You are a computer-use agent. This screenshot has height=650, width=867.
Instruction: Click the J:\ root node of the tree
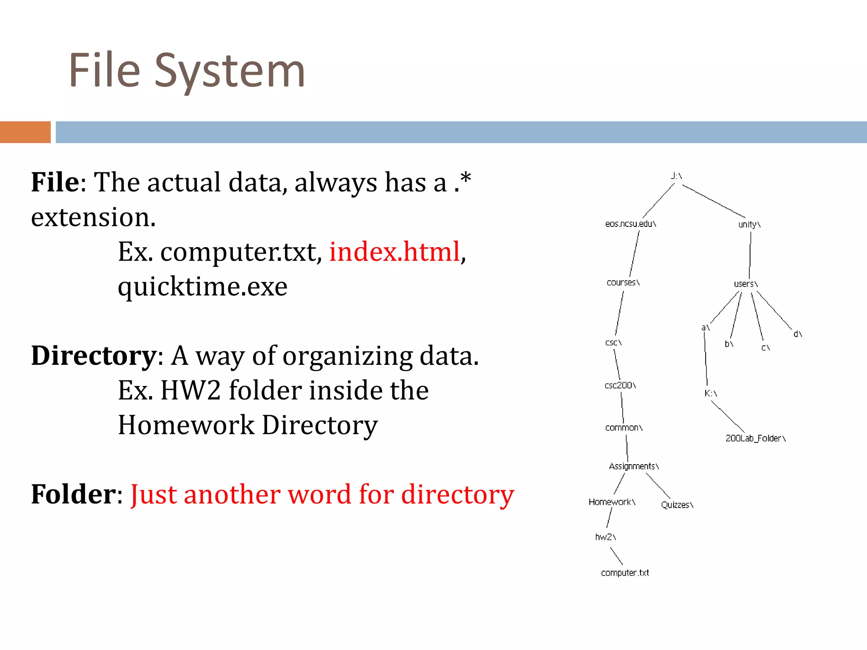pyautogui.click(x=676, y=176)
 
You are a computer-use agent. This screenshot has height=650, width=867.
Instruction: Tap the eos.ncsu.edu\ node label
pyautogui.click(x=630, y=224)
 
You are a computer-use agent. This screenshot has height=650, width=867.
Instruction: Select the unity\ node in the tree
pyautogui.click(x=749, y=224)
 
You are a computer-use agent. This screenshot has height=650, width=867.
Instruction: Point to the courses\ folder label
pyautogui.click(x=623, y=282)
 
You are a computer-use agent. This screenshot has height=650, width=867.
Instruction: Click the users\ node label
pyautogui.click(x=746, y=284)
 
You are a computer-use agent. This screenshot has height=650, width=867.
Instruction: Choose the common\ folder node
pyautogui.click(x=624, y=428)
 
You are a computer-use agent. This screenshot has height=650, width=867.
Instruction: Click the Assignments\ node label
pyautogui.click(x=634, y=466)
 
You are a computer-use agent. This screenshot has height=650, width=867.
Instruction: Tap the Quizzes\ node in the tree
pyautogui.click(x=677, y=505)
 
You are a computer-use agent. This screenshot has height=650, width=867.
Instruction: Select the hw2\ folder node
pyautogui.click(x=605, y=537)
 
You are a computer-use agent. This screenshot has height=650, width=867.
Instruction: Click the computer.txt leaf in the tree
pyautogui.click(x=625, y=573)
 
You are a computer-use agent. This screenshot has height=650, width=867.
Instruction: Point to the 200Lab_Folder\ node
pyautogui.click(x=755, y=438)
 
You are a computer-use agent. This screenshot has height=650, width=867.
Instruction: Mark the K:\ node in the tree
pyautogui.click(x=710, y=394)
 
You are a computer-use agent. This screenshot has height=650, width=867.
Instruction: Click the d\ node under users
pyautogui.click(x=798, y=334)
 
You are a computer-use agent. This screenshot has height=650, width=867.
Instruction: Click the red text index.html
pyautogui.click(x=395, y=252)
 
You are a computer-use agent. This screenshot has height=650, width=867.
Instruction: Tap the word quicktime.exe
pyautogui.click(x=202, y=287)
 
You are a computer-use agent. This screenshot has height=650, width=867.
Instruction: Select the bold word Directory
pyautogui.click(x=94, y=356)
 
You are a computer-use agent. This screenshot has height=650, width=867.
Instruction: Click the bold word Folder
pyautogui.click(x=73, y=494)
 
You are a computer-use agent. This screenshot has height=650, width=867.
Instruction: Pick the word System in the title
pyautogui.click(x=229, y=71)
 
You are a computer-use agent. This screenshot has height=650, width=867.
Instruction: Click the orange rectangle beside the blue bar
pyautogui.click(x=25, y=132)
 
